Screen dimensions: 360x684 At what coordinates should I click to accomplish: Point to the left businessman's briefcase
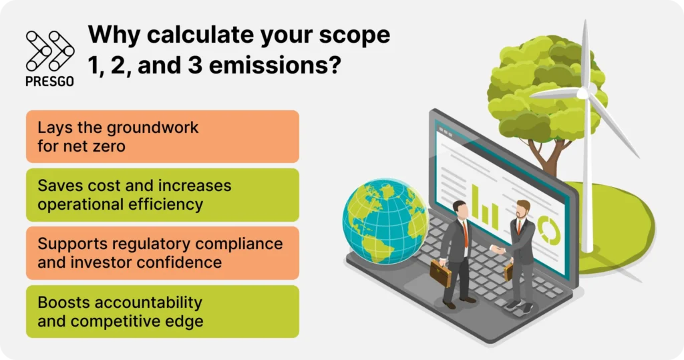click(440, 273)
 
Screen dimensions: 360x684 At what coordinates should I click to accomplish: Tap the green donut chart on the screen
click(549, 227)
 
